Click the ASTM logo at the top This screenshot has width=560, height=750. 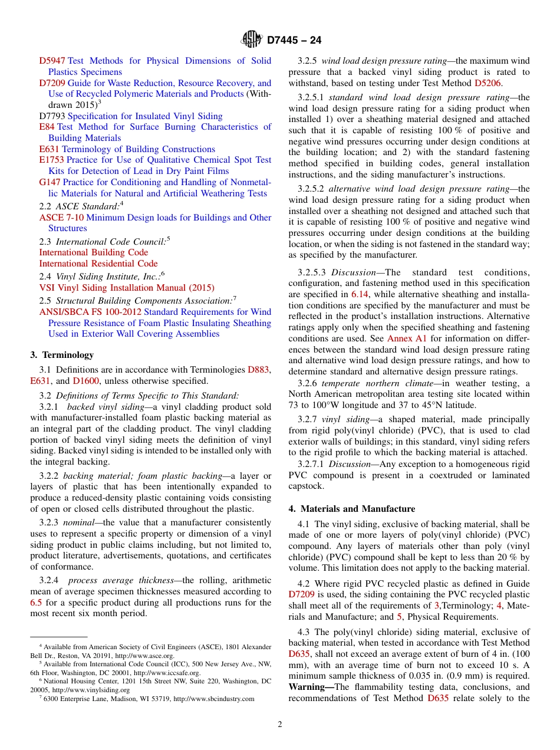(x=252, y=40)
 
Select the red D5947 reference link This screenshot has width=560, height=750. (x=52, y=61)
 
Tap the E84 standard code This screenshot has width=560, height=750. (x=47, y=127)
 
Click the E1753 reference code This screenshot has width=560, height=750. (x=51, y=160)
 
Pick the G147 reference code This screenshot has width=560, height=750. (x=50, y=182)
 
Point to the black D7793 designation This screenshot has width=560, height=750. (x=52, y=116)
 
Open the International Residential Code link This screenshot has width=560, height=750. (x=98, y=264)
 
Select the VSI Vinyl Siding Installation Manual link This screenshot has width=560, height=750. (x=126, y=288)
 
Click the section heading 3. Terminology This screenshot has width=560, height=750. (x=61, y=355)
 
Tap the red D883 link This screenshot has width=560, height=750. (x=258, y=370)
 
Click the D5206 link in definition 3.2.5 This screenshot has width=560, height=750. (x=488, y=83)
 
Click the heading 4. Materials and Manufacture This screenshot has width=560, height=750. (x=351, y=509)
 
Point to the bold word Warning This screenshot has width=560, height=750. (x=311, y=687)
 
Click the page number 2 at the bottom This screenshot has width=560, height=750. (x=280, y=725)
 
